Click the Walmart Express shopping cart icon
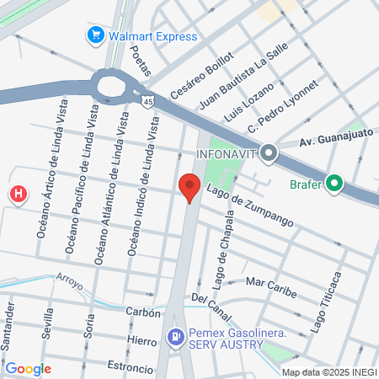click(94, 36)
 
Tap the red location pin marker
click(189, 188)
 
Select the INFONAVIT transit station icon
click(270, 153)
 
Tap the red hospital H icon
click(18, 195)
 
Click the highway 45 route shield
click(147, 99)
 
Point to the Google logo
click(29, 368)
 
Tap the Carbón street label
click(143, 312)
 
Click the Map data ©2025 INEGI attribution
click(328, 371)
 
